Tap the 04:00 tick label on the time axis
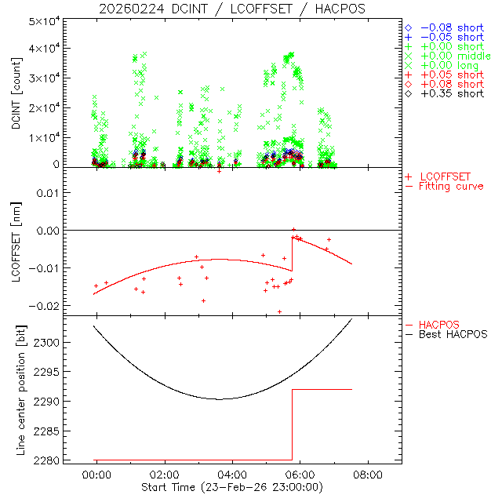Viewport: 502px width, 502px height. tap(232, 475)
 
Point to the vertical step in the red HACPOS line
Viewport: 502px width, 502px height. tap(293, 424)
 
